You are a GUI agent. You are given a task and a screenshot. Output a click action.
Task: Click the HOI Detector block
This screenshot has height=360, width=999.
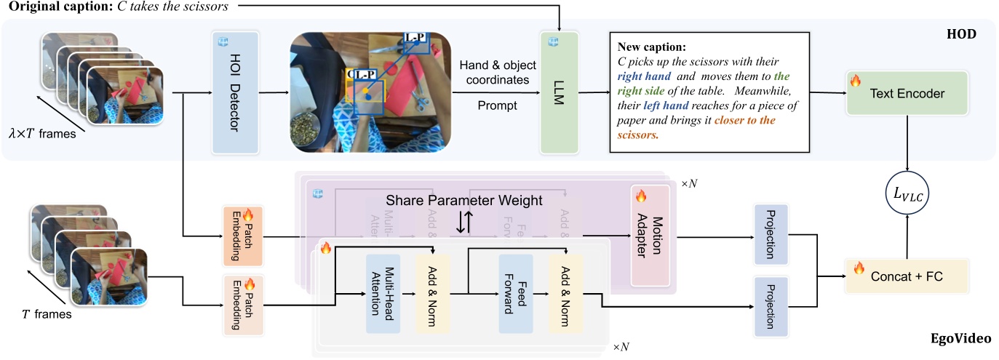pos(235,93)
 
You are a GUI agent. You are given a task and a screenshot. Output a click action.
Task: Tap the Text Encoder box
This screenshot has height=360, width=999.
pos(907,93)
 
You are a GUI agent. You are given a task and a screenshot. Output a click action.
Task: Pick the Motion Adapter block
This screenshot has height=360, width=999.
pos(649,235)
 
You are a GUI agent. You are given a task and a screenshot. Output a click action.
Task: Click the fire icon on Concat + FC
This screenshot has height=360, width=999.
pos(859,268)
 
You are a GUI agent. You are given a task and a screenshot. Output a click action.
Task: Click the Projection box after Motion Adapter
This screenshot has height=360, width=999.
pos(771,235)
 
